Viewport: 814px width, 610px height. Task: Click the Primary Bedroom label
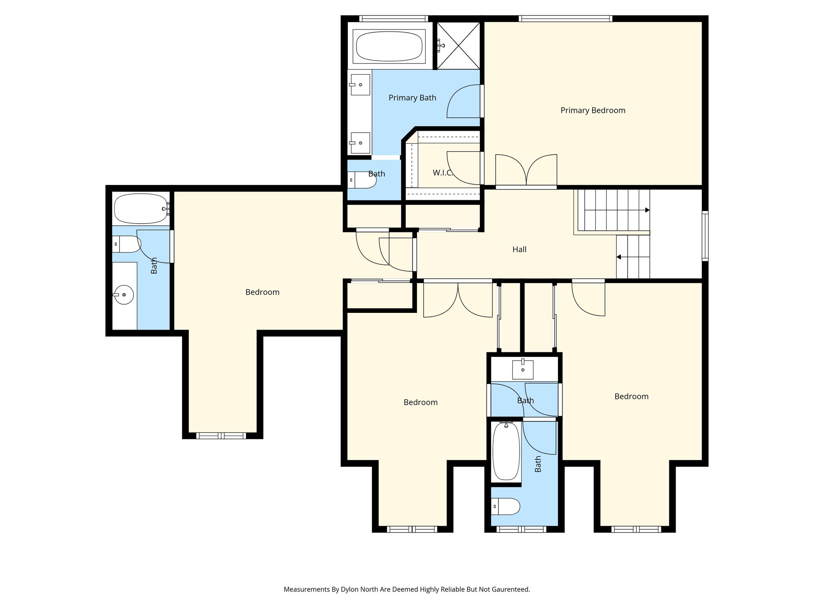point(593,110)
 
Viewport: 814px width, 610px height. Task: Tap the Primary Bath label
point(412,98)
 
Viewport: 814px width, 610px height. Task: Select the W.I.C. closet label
point(442,173)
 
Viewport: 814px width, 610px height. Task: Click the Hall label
point(519,249)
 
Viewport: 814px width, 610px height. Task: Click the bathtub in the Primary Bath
point(389,47)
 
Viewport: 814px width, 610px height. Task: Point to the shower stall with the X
point(458,45)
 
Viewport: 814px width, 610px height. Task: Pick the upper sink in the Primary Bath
point(360,85)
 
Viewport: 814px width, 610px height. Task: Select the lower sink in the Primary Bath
point(360,143)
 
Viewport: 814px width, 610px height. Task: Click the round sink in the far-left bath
point(124,295)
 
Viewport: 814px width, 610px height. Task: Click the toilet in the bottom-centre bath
point(506,506)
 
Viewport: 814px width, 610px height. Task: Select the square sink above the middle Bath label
point(523,369)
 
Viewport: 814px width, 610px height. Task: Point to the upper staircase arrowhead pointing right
point(647,210)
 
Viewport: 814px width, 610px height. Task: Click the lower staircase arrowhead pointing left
point(618,257)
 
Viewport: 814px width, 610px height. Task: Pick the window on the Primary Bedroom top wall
point(565,18)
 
